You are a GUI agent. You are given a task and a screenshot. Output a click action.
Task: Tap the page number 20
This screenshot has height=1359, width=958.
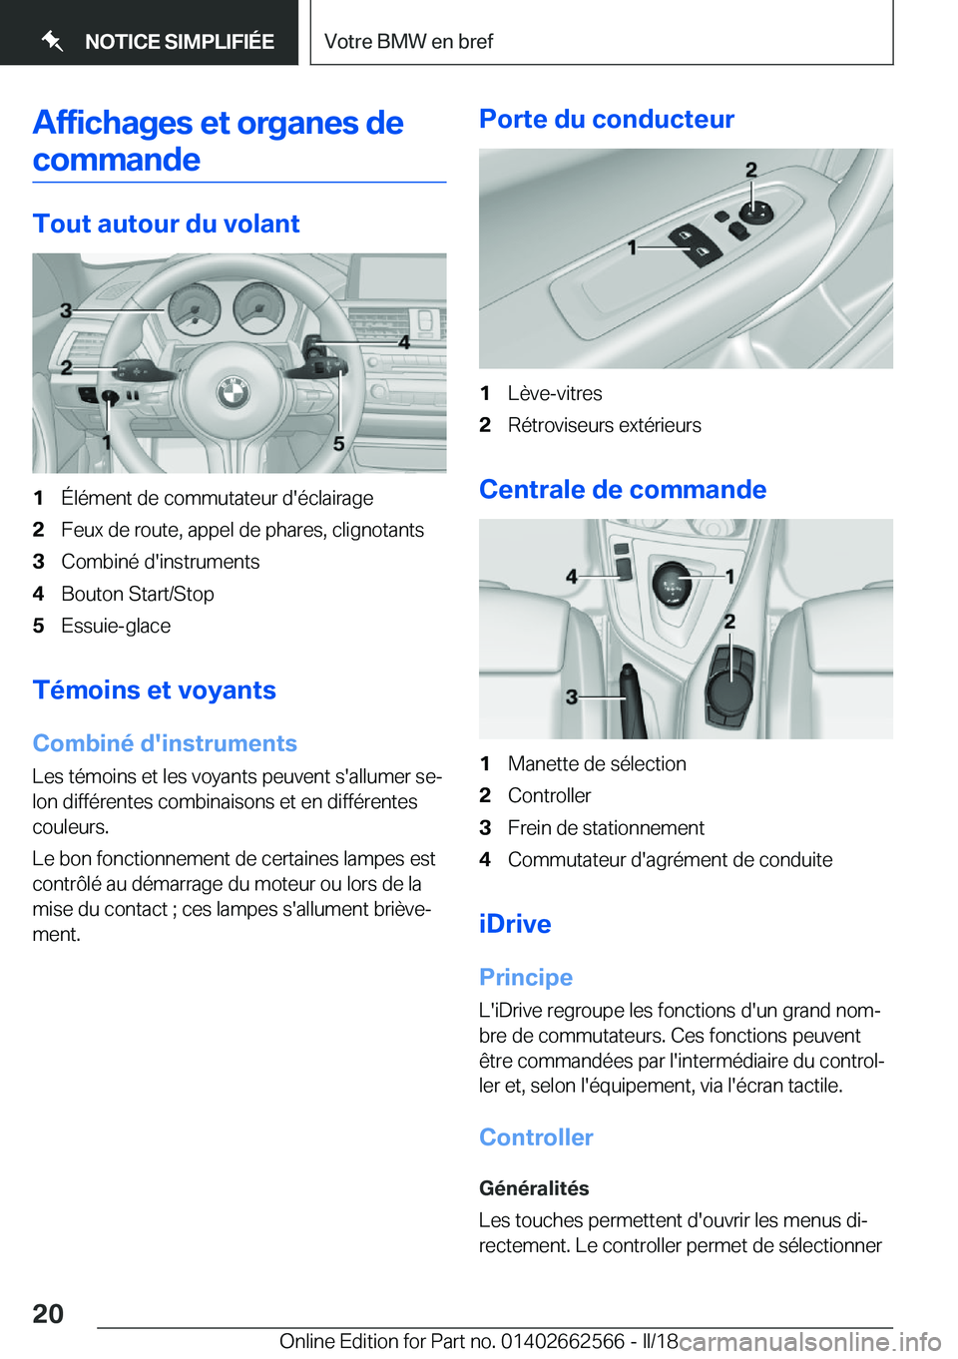48,1313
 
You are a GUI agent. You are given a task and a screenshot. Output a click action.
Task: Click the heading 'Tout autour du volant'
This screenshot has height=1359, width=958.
166,224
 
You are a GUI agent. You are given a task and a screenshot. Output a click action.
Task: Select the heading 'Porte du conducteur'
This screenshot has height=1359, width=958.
606,119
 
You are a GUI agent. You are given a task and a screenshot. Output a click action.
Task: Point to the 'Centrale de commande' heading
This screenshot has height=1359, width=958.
622,489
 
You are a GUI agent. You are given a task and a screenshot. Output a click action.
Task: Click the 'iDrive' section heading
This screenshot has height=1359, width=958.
514,923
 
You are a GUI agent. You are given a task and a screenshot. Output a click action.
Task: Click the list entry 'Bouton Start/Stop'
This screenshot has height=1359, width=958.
137,594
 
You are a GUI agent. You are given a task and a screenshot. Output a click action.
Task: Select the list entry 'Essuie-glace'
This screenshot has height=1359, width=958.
115,626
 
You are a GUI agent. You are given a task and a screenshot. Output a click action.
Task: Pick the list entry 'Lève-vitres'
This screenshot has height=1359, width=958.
554,393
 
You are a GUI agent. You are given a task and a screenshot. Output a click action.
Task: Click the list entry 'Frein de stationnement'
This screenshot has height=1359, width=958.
605,827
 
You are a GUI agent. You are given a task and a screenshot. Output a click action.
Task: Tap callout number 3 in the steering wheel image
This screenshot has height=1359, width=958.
66,310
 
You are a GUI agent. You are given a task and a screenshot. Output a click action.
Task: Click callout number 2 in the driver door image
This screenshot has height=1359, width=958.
751,171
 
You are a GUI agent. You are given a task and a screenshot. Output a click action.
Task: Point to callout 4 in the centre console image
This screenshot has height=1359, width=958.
572,576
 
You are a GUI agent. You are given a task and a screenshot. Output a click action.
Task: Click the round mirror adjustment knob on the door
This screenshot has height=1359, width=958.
755,211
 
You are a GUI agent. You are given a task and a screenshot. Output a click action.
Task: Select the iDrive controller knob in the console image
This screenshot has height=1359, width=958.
730,683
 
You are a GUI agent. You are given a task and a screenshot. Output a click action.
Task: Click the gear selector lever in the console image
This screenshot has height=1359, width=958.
673,584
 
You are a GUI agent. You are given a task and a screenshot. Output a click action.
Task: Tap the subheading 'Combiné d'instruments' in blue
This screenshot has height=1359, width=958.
165,743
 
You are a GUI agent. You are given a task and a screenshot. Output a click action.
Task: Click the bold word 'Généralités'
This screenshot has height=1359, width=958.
534,1187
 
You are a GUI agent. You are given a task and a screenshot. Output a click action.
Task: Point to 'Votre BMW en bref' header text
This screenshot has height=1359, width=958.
408,41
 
